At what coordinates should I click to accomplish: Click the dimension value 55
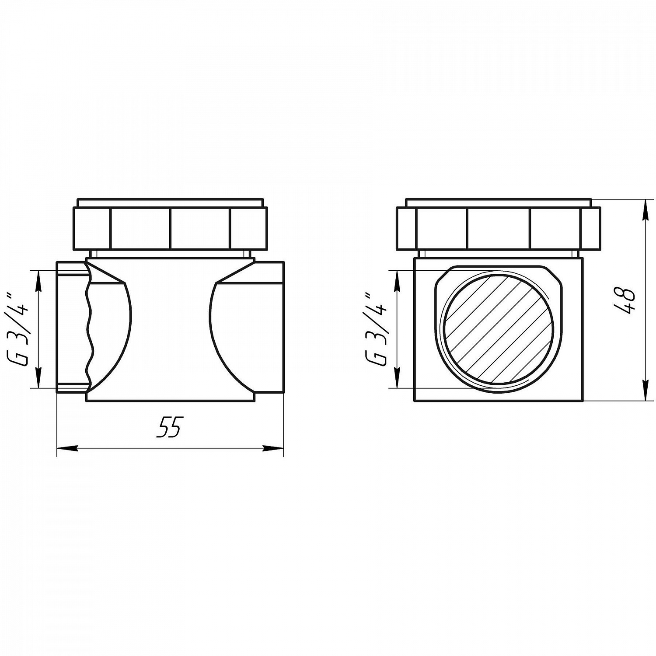pos(169,426)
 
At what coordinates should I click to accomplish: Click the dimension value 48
pos(625,301)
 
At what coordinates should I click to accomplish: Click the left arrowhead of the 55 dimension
pos(68,448)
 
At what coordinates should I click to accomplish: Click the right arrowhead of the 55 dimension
pos(273,448)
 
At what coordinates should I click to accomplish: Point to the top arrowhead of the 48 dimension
pos(645,210)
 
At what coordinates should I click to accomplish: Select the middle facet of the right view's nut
pos(499,228)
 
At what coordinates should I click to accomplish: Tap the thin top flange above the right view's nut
pos(499,203)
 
